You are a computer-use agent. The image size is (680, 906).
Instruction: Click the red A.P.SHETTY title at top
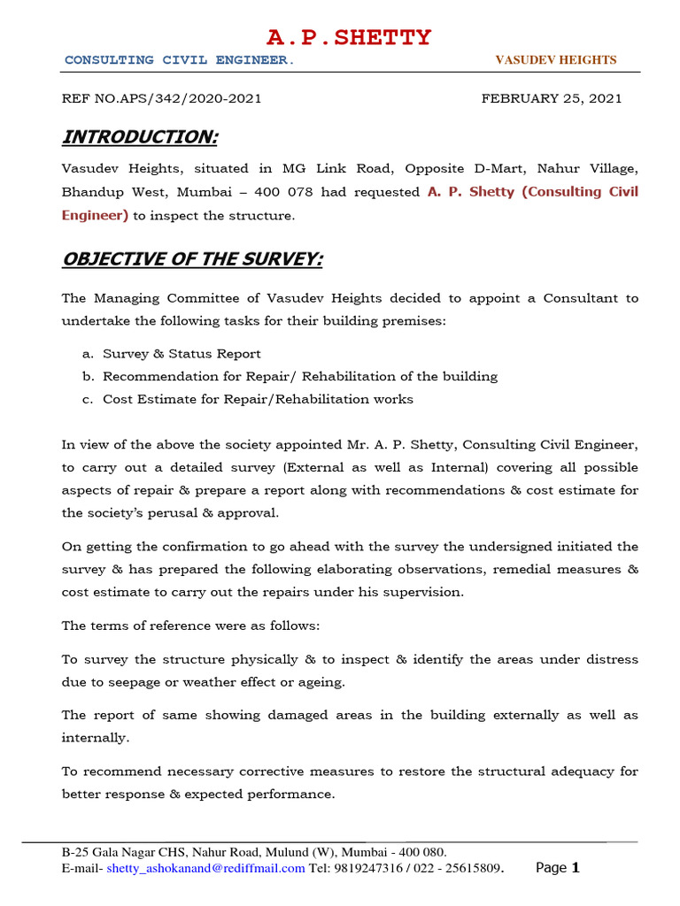point(349,38)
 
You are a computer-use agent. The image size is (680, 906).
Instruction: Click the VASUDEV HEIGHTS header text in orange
point(555,60)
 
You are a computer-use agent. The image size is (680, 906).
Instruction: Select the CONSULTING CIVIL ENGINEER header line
point(180,60)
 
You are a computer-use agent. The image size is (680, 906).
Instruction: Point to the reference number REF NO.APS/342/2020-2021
point(161,98)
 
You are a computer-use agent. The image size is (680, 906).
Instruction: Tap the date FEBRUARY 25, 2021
point(551,98)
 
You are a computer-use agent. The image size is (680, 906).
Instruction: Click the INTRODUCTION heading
point(139,137)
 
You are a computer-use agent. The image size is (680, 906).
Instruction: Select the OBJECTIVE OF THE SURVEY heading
point(192,259)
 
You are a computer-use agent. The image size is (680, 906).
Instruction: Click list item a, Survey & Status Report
point(182,354)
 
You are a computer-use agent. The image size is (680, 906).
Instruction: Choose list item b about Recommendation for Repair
point(300,376)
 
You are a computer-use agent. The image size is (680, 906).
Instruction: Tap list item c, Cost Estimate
point(258,399)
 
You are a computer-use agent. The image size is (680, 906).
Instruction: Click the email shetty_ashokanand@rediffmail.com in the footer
point(205,869)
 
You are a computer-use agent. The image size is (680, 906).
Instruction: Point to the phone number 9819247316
point(363,869)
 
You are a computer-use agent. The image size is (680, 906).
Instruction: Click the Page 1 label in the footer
point(558,868)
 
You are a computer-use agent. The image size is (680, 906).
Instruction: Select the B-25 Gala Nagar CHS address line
point(254,852)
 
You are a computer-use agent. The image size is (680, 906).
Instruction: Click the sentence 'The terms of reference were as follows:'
point(190,626)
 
